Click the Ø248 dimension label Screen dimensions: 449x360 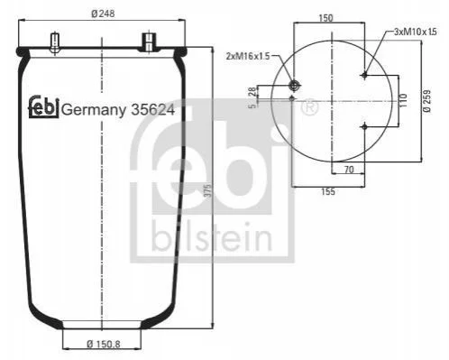[x=103, y=14]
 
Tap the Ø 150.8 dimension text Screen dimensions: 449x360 [x=104, y=344]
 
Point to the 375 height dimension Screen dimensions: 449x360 [x=207, y=190]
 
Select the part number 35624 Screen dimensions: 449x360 [x=152, y=110]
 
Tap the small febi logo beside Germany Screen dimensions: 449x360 [x=43, y=106]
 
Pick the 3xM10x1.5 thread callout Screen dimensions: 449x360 [x=415, y=32]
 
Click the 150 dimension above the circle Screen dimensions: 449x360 [x=325, y=18]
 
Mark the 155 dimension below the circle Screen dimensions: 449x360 [x=328, y=191]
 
